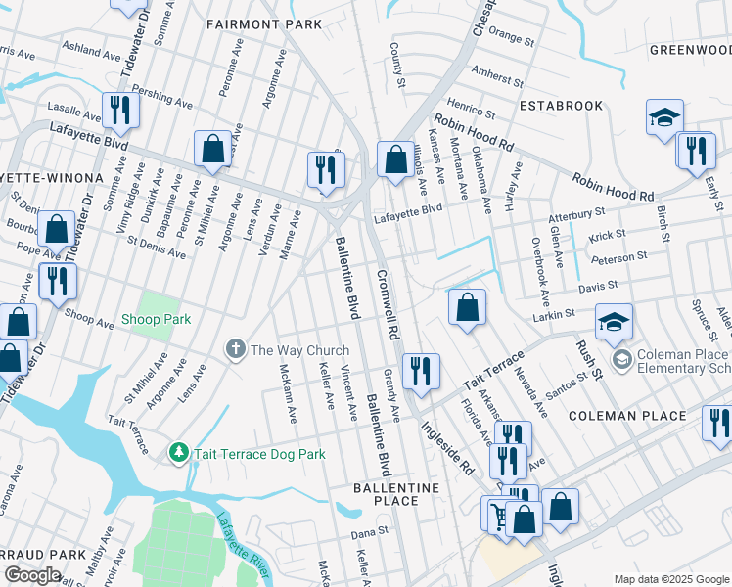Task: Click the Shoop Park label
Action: point(156,319)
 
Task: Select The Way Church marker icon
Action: point(235,349)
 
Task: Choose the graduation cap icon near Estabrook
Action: point(664,118)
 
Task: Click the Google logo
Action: point(32,575)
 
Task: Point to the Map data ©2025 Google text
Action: point(671,579)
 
